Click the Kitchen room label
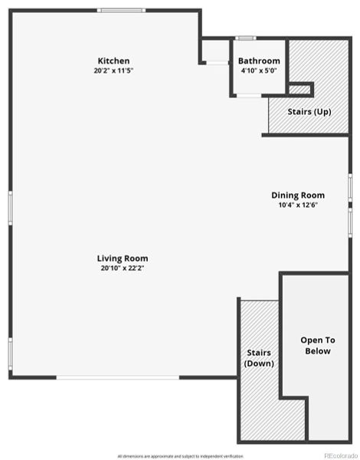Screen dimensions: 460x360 pyautogui.click(x=113, y=61)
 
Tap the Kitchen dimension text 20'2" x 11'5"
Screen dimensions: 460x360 pyautogui.click(x=113, y=70)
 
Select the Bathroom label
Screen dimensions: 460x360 pyautogui.click(x=259, y=61)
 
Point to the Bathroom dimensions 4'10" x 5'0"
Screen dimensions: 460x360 pyautogui.click(x=259, y=70)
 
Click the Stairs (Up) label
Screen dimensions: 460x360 pyautogui.click(x=309, y=112)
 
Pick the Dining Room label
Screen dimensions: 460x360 pyautogui.click(x=298, y=195)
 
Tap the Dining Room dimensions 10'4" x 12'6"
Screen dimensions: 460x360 pyautogui.click(x=298, y=205)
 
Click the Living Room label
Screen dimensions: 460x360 pyautogui.click(x=123, y=258)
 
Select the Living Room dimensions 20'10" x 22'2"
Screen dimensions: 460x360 pyautogui.click(x=123, y=268)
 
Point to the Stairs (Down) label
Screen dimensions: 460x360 pyautogui.click(x=260, y=358)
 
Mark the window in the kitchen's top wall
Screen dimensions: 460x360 pyautogui.click(x=121, y=10)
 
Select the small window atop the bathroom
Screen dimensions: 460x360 pyautogui.click(x=246, y=37)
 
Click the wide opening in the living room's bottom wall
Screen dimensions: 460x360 pyautogui.click(x=119, y=377)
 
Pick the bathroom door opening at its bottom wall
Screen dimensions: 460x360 pyautogui.click(x=247, y=95)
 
